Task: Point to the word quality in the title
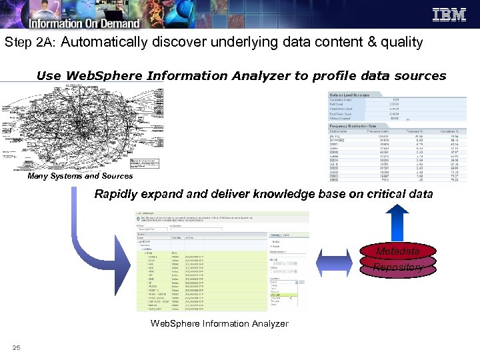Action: pos(399,43)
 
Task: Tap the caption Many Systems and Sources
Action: pos(80,176)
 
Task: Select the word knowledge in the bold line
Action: pos(287,195)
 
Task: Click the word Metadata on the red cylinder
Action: pos(397,251)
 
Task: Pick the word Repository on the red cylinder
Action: pos(398,267)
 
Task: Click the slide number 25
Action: pos(16,347)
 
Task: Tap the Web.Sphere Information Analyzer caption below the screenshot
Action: pos(219,323)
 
